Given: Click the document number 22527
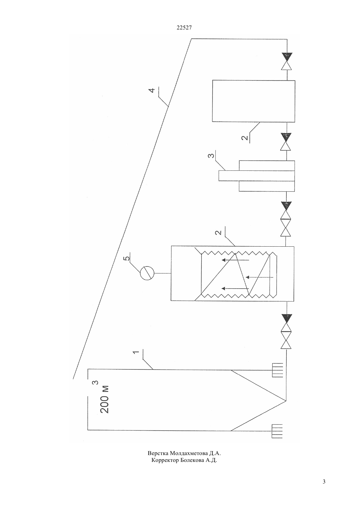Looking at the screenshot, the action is pyautogui.click(x=184, y=28).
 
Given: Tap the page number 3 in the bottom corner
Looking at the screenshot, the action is pyautogui.click(x=324, y=481).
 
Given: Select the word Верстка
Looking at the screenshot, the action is pyautogui.click(x=158, y=453).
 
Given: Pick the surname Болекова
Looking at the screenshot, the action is pyautogui.click(x=191, y=460).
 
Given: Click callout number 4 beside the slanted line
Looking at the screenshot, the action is pyautogui.click(x=152, y=90).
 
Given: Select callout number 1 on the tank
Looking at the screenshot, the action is pyautogui.click(x=136, y=352).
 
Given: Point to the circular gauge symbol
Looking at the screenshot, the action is pyautogui.click(x=147, y=273).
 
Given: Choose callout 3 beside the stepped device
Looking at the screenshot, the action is pyautogui.click(x=211, y=156).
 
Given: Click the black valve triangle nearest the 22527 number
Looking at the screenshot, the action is pyautogui.click(x=287, y=57).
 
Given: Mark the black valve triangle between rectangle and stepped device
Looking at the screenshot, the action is pyautogui.click(x=286, y=136).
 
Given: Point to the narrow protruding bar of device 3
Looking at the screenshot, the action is pyautogui.click(x=257, y=176).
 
